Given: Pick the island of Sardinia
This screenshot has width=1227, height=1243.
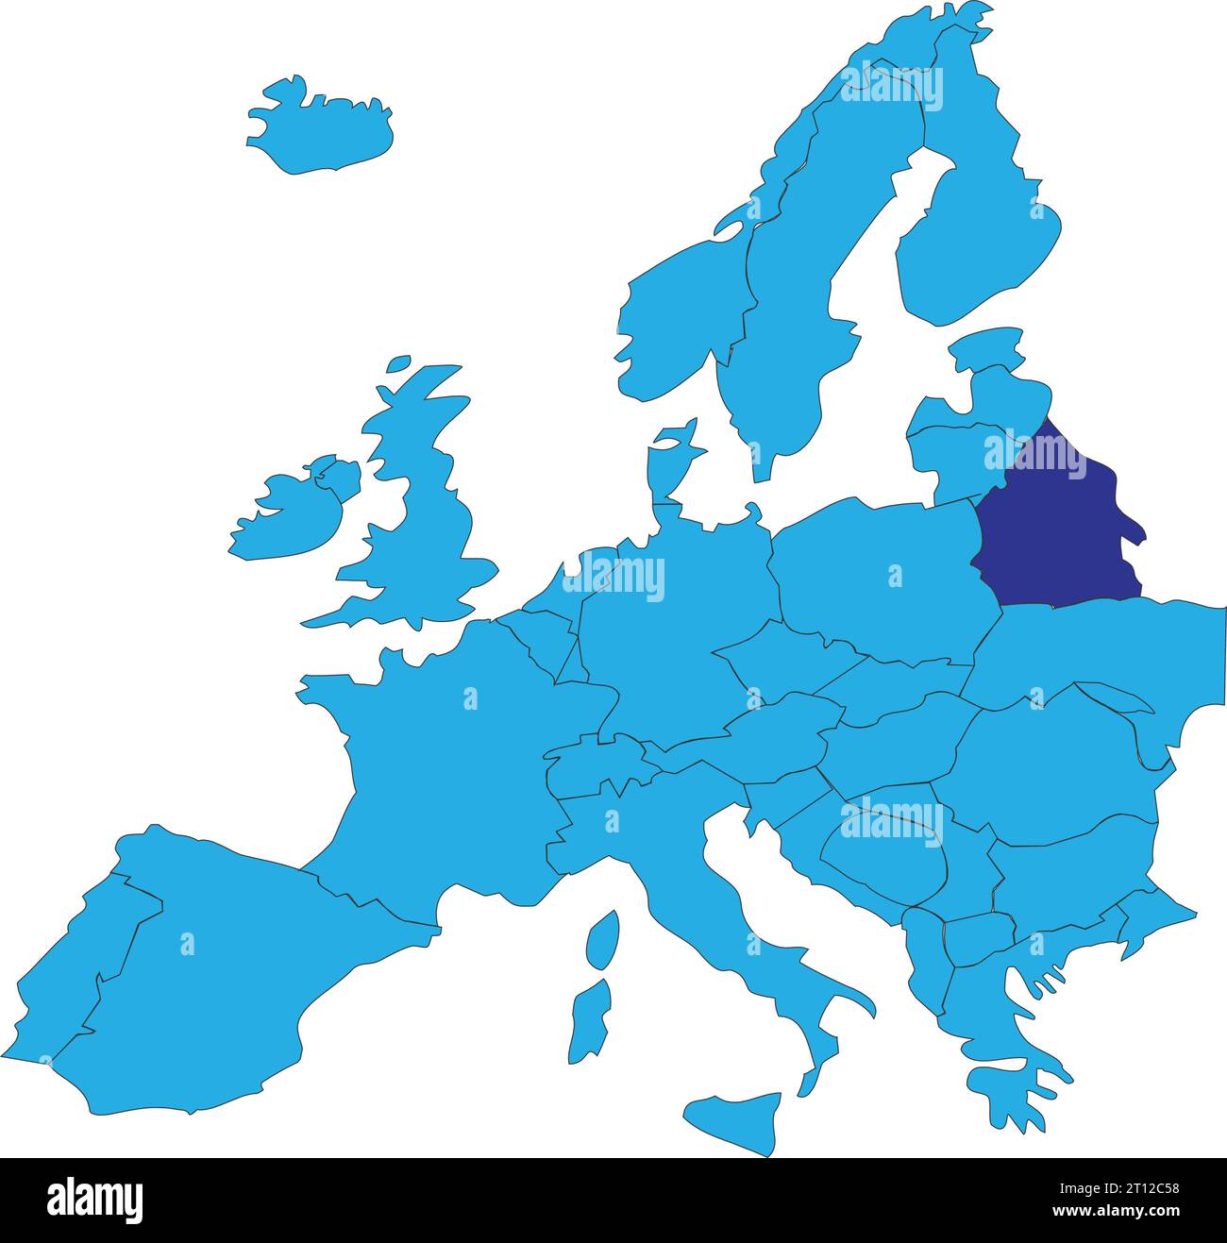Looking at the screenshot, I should [x=589, y=1019].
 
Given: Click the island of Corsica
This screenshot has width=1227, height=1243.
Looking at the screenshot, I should [x=602, y=939].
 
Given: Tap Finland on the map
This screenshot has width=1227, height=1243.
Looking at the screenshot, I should [x=982, y=236].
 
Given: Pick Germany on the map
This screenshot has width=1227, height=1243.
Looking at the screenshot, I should [x=661, y=623].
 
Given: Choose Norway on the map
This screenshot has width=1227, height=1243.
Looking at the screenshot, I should [x=680, y=302].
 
